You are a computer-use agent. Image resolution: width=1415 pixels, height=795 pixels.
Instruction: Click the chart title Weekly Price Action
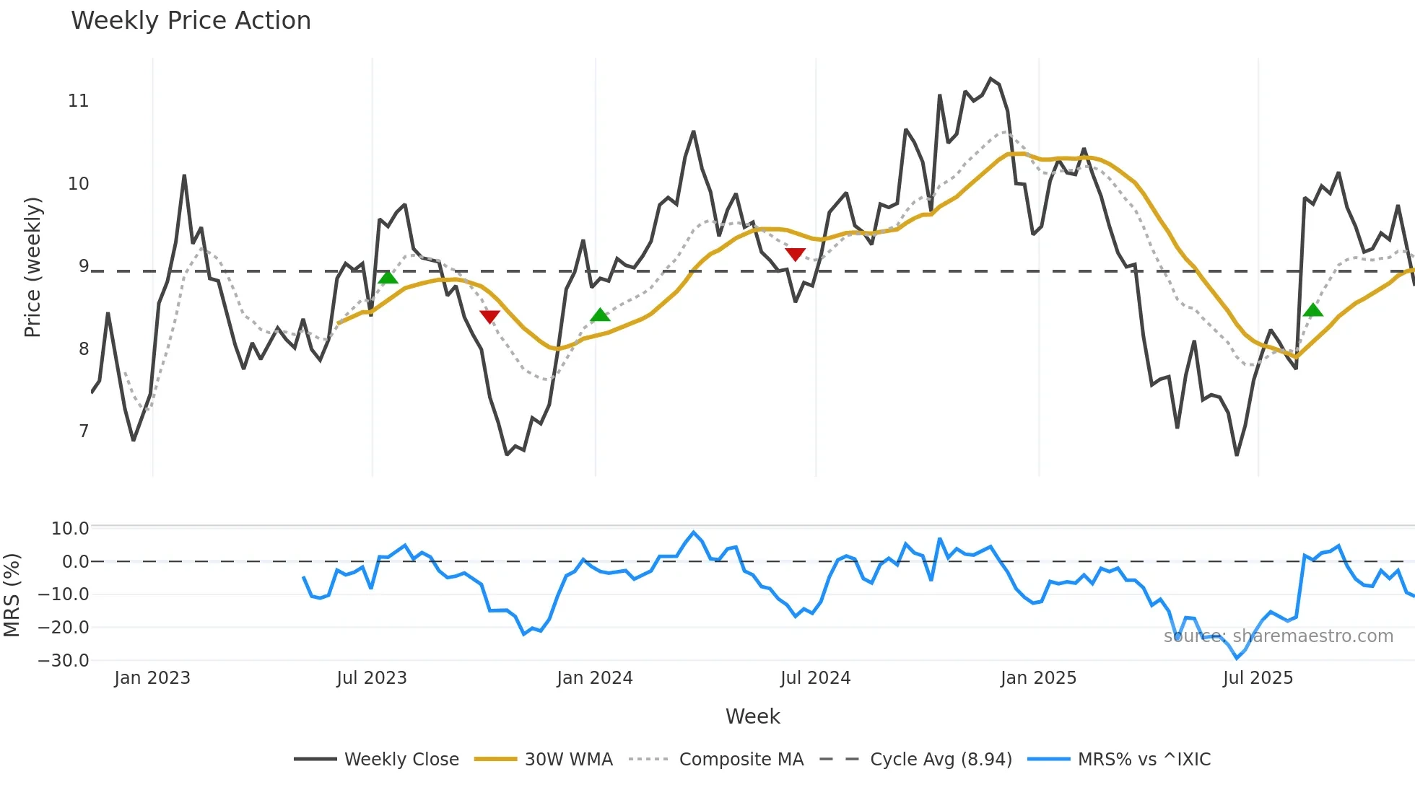191,21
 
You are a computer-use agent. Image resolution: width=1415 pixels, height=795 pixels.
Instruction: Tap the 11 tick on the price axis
79,101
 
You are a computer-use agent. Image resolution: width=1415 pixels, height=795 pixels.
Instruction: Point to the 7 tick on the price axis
84,431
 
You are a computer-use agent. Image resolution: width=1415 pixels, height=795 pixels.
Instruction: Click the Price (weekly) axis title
32,267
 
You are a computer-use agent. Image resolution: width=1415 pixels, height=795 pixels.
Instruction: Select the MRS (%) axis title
12,595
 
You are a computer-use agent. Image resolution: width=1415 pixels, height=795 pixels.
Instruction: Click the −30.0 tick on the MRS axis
64,660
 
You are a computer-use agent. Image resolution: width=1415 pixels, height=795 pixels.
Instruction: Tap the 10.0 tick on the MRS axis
70,529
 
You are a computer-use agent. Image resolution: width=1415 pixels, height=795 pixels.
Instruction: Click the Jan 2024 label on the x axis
594,678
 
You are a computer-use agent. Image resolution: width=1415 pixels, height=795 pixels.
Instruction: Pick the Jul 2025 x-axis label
1258,678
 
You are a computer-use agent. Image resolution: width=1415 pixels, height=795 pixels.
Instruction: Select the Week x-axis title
752,716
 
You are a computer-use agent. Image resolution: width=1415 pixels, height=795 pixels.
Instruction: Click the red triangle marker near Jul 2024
795,254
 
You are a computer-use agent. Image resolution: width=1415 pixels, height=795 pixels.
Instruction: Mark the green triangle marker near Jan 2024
600,315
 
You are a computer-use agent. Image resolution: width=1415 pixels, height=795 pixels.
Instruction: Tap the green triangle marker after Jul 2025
1313,310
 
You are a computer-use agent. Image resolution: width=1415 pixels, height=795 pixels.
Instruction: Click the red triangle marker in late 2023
489,317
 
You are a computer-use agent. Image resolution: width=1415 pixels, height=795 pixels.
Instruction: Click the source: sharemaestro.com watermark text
1278,636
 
